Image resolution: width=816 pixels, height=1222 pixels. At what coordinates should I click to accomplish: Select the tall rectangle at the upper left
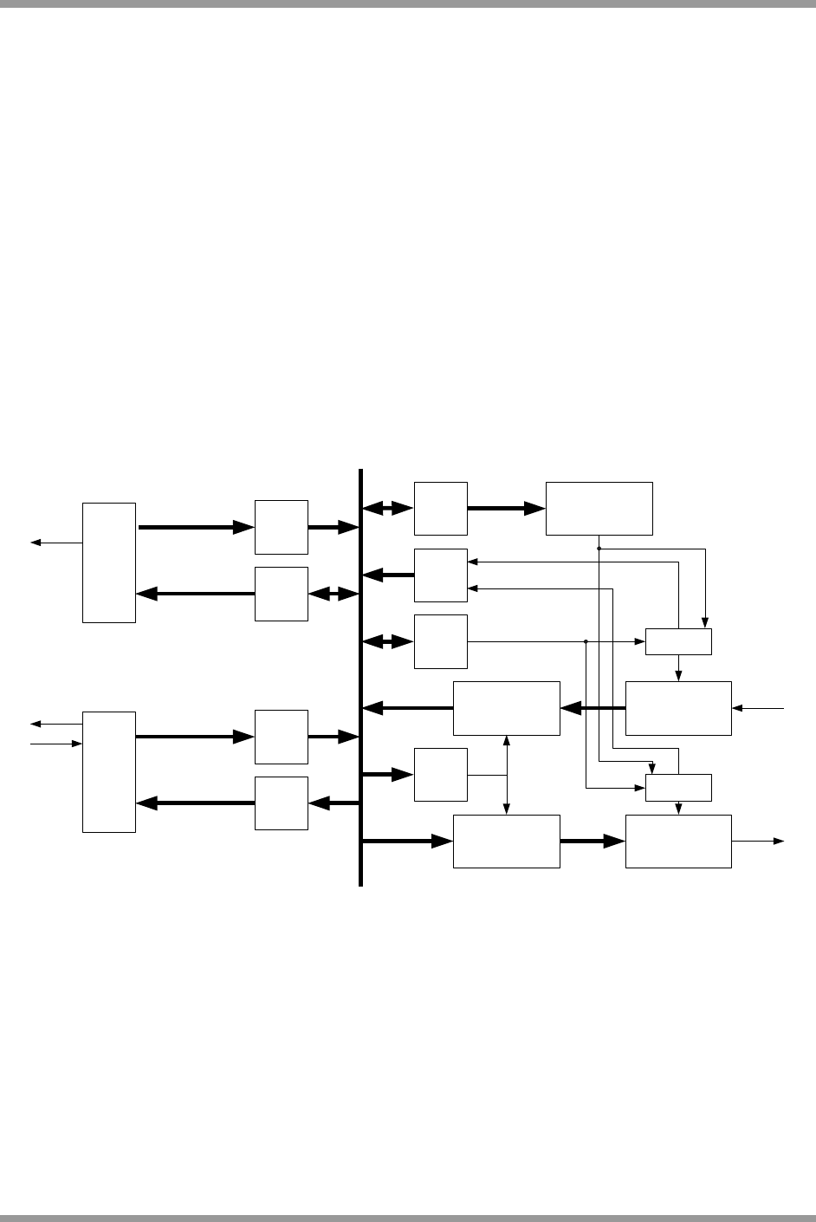[109, 562]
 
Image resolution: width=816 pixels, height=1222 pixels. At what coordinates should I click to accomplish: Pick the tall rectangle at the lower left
[109, 771]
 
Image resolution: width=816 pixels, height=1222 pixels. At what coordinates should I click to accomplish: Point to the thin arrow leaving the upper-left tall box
[56, 543]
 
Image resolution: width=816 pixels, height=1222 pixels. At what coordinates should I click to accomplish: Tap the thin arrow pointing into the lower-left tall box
[56, 744]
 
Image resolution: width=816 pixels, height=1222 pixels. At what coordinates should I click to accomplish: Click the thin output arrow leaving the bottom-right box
[758, 841]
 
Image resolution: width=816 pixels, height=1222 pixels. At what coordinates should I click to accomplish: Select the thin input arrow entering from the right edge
[759, 709]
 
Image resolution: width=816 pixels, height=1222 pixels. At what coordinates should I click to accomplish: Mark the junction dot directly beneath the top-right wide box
[599, 549]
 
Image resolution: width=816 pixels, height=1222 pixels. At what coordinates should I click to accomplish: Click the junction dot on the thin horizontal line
[586, 641]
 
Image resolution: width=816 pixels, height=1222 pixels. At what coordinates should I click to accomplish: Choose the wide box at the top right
[599, 509]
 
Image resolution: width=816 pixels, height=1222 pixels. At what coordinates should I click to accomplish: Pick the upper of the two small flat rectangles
[678, 641]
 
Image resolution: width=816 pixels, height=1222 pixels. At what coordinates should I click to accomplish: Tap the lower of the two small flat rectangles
[678, 788]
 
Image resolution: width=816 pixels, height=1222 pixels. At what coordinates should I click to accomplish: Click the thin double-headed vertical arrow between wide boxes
[507, 775]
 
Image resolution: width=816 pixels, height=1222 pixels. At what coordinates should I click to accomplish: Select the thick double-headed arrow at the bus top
[387, 509]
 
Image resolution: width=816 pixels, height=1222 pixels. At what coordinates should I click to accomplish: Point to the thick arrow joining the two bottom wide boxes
[593, 841]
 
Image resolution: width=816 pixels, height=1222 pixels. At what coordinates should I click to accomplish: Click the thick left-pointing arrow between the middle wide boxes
[593, 708]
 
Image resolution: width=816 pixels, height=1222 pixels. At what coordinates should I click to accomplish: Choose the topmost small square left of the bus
[282, 527]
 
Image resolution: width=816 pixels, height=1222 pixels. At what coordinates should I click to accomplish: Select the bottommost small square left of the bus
[282, 803]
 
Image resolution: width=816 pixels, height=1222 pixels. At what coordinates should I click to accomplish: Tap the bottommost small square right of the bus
[441, 775]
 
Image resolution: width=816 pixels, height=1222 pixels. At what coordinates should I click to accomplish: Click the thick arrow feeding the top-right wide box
[507, 509]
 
